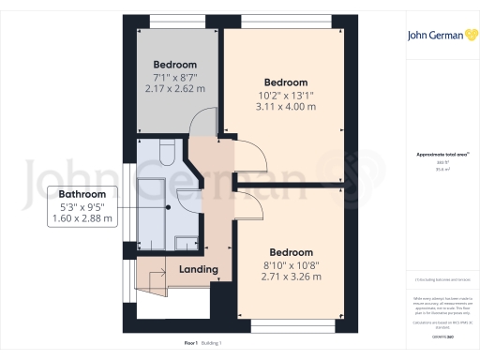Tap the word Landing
[198, 270]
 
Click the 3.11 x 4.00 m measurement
[286, 107]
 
